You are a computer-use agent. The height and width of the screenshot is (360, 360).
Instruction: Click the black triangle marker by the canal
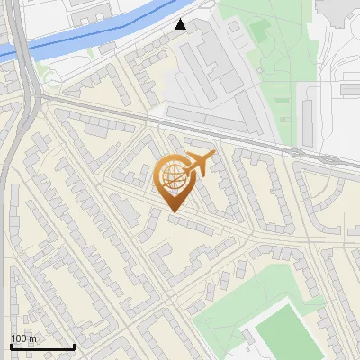pos(182,24)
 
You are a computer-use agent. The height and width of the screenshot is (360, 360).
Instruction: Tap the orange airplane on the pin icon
pos(198,163)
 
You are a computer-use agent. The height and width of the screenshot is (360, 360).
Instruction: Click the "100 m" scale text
pos(24,338)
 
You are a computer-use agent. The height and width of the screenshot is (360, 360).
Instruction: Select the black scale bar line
pos(41,347)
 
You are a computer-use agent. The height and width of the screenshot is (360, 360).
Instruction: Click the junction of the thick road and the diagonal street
pos(36,101)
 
